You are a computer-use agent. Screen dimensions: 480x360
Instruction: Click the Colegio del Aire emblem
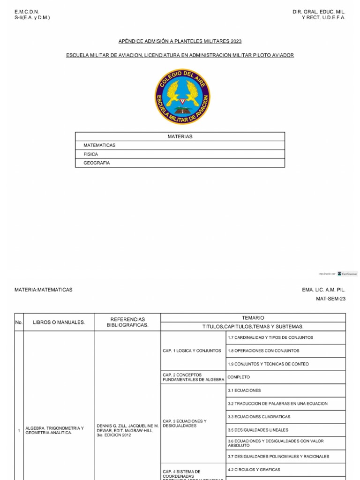click(183, 97)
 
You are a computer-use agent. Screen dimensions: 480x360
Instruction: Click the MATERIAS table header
click(180, 136)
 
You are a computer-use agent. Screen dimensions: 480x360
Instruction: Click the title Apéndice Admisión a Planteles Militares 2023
click(180, 42)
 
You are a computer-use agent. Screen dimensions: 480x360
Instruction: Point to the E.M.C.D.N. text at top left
click(27, 11)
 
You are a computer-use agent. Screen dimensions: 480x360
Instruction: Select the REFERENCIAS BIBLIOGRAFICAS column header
click(127, 322)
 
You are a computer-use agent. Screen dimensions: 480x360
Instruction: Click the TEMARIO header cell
click(253, 318)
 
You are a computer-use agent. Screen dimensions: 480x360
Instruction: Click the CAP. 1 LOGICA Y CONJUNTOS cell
click(192, 351)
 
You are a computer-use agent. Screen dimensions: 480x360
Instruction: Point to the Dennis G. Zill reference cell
click(127, 430)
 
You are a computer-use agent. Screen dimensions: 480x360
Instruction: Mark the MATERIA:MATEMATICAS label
click(44, 290)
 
